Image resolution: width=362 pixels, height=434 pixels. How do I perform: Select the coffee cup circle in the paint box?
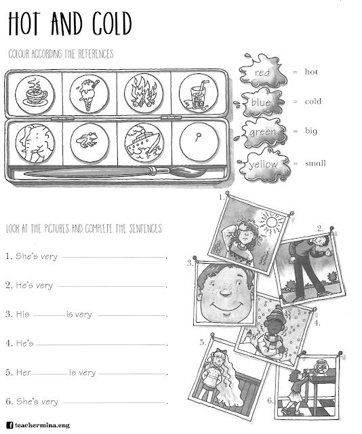click(33, 92)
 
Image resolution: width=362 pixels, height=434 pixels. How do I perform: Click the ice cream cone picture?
click(89, 92)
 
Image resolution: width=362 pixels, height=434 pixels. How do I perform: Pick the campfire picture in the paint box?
click(143, 92)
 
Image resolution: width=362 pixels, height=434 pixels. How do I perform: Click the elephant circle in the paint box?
click(33, 140)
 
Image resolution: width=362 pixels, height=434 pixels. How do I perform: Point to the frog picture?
click(89, 140)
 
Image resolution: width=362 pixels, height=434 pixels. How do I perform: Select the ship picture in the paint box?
click(143, 140)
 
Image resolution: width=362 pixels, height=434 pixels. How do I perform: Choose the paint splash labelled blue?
click(262, 102)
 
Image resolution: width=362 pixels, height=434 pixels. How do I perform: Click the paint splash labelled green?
click(262, 132)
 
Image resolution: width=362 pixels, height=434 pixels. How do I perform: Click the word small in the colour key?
click(315, 163)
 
